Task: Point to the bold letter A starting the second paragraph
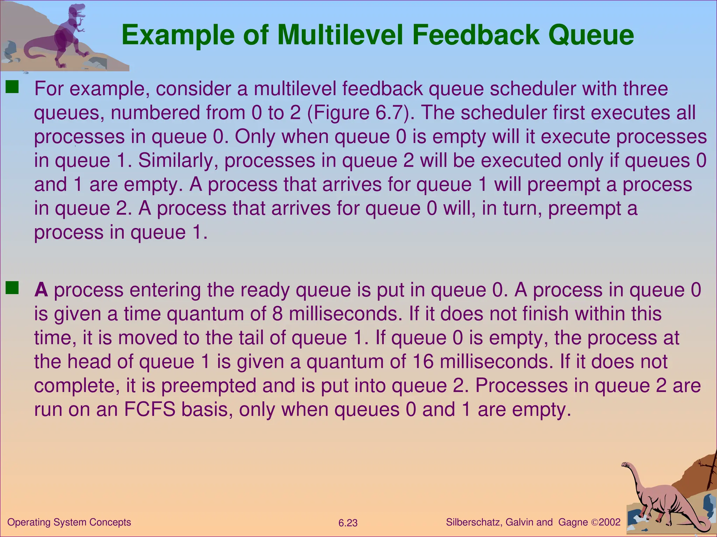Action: click(41, 290)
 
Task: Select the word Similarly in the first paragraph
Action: click(178, 160)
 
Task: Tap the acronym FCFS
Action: click(149, 409)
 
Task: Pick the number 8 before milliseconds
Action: click(277, 314)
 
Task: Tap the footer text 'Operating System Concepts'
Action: click(69, 522)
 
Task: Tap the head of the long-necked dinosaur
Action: click(626, 465)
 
